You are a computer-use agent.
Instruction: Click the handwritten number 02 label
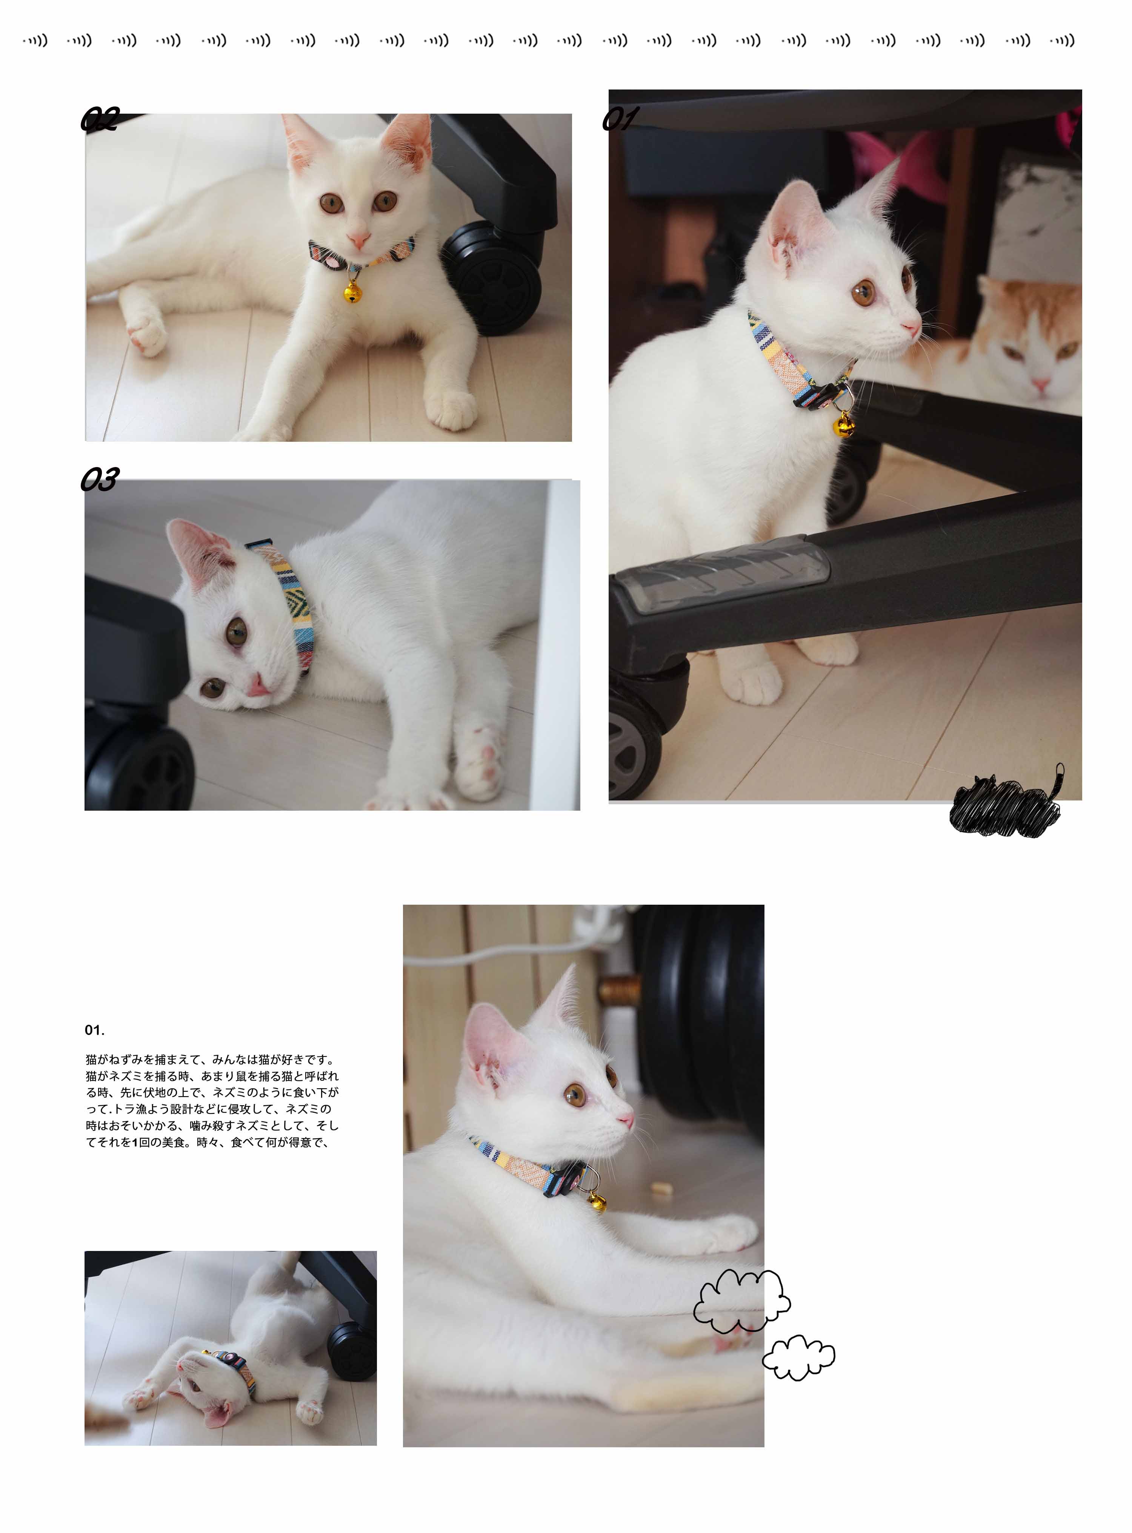coord(100,119)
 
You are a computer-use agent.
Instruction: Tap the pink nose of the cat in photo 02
coord(358,240)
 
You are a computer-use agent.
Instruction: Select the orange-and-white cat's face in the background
coord(1035,350)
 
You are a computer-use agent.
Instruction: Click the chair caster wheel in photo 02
coord(492,278)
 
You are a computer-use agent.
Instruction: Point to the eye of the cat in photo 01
coord(863,293)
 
